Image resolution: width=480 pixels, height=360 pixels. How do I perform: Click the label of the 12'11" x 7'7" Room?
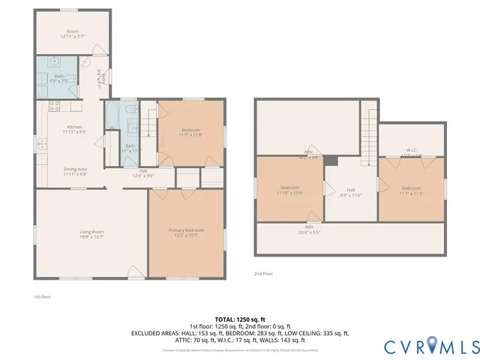[73, 33]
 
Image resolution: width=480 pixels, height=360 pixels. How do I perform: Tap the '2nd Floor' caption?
[263, 274]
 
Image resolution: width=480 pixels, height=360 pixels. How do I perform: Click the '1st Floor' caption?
[42, 296]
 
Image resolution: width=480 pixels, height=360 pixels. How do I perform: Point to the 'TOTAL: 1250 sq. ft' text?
[240, 319]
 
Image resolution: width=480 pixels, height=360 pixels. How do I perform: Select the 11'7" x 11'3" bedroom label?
[411, 190]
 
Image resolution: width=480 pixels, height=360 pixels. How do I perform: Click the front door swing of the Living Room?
[135, 271]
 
